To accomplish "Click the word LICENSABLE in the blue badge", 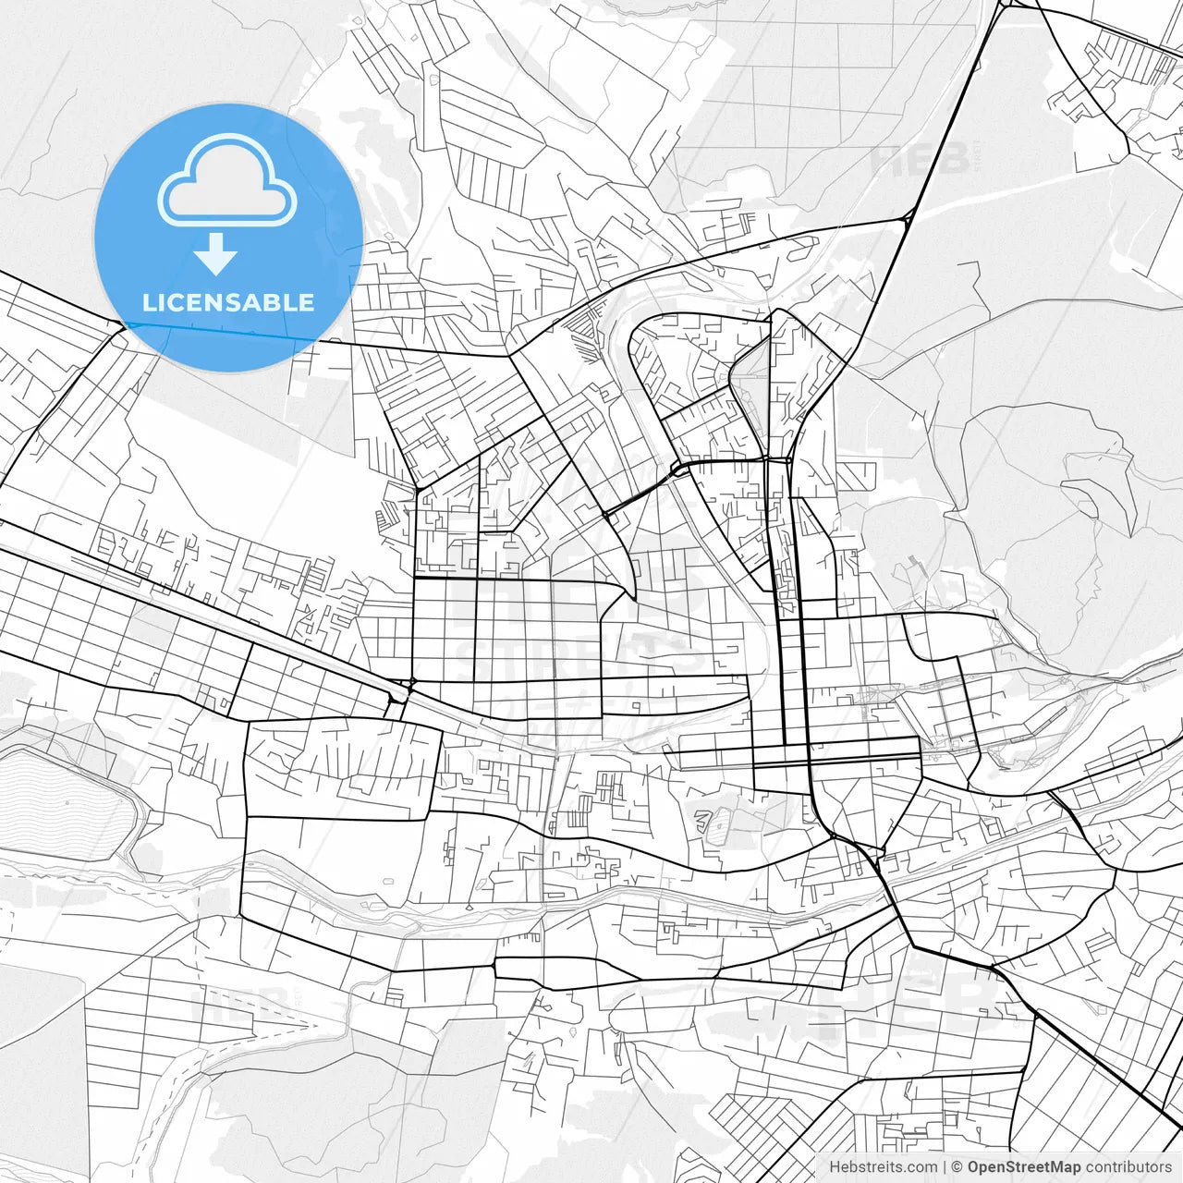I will coord(228,302).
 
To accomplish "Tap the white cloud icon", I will coord(227,179).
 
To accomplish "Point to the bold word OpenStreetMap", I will coord(1025,1167).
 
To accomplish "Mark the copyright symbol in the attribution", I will coord(957,1167).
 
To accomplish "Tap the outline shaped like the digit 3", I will coord(703,820).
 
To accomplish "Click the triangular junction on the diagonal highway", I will coord(909,217).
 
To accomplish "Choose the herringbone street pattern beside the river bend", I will coord(582,333).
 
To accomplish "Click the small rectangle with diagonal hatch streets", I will coord(577,819).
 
